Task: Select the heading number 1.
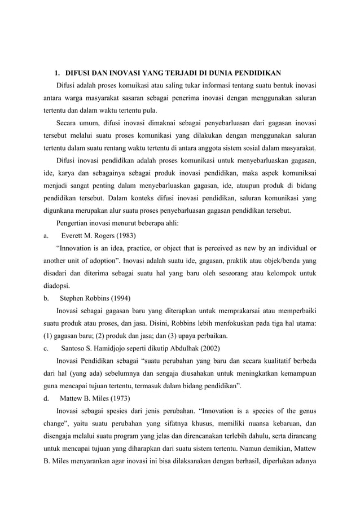point(57,73)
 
